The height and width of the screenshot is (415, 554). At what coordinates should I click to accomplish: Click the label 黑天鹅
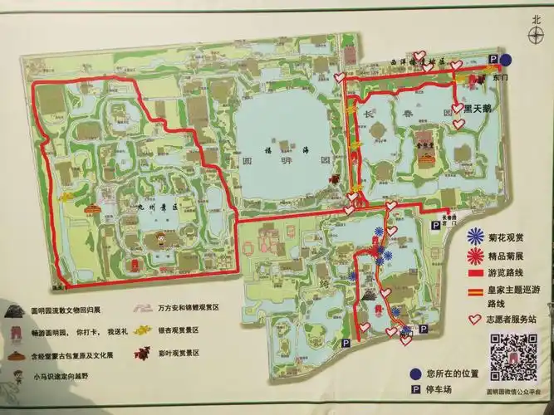pyautogui.click(x=478, y=108)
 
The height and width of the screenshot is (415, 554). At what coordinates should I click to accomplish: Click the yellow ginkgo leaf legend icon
pyautogui.click(x=144, y=330)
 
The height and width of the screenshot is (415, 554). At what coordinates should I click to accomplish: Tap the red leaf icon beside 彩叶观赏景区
pyautogui.click(x=144, y=352)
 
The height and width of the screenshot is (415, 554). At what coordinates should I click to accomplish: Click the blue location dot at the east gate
pyautogui.click(x=506, y=60)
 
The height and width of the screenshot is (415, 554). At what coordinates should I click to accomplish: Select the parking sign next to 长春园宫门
pyautogui.click(x=435, y=224)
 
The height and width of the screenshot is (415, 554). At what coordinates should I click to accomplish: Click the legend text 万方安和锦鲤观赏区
pyautogui.click(x=189, y=308)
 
